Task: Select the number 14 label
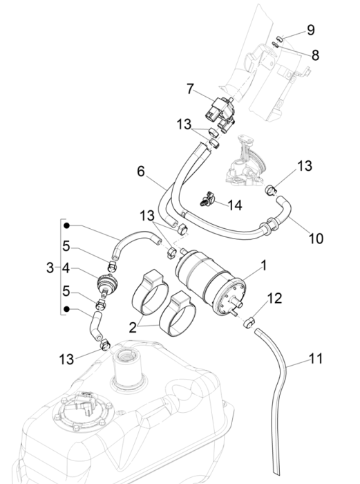tap(236, 205)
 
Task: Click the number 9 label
tap(311, 30)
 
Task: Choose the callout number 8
tap(316, 54)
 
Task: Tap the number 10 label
tap(316, 239)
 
